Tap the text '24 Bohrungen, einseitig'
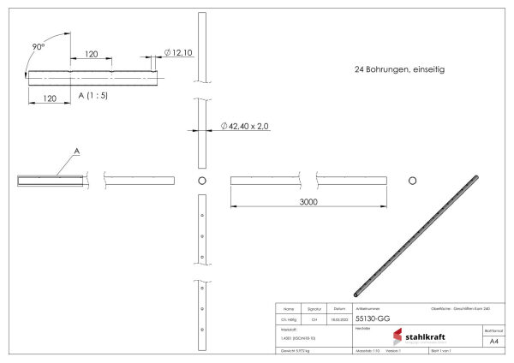[x=399, y=68]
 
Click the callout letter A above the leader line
[x=77, y=151]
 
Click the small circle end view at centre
[x=202, y=181]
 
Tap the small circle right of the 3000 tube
[x=413, y=181]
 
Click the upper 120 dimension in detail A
[x=96, y=53]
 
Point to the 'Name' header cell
[x=288, y=307]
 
